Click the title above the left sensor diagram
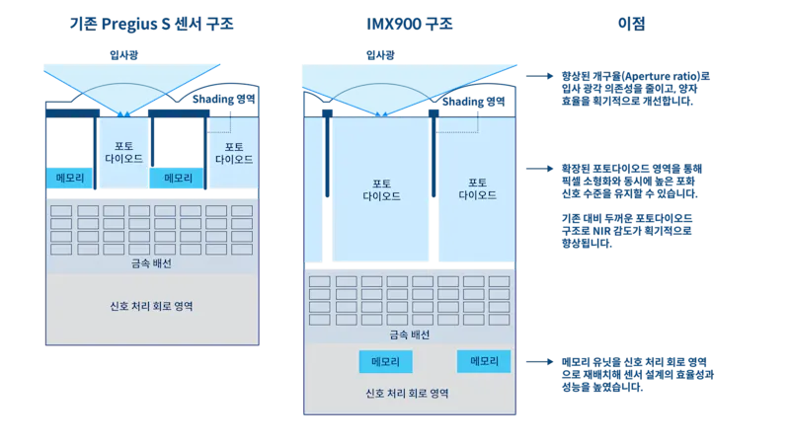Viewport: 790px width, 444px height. (153, 22)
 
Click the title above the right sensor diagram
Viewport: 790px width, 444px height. (407, 22)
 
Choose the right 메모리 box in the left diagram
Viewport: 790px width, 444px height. (177, 178)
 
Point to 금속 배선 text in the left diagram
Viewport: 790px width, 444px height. (150, 264)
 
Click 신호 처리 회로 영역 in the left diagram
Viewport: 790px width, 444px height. (151, 306)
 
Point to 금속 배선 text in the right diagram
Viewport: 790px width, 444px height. (409, 336)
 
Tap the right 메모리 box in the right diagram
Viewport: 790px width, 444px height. (483, 362)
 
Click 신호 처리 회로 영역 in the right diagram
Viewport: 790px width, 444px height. (409, 393)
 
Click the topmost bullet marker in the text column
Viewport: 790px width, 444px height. (552, 75)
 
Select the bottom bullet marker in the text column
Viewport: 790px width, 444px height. (552, 362)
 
